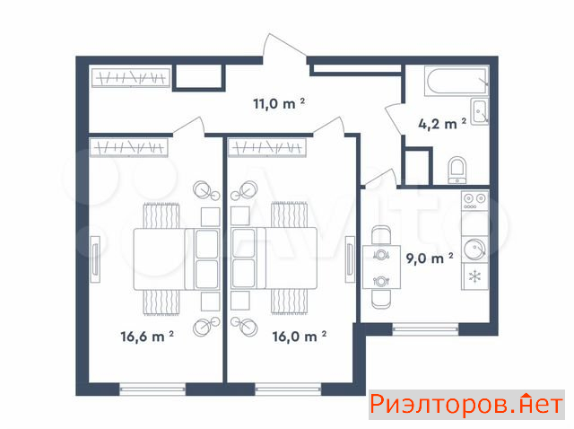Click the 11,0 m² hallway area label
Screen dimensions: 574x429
[279, 103]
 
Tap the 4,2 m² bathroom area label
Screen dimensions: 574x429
[442, 124]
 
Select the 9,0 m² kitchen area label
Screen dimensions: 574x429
[430, 258]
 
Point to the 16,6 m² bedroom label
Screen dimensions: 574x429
[147, 336]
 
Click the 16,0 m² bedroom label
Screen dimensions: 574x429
[299, 336]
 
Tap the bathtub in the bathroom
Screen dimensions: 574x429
[457, 80]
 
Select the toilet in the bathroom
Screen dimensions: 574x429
[457, 171]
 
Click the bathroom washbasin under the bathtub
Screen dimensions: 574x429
[479, 112]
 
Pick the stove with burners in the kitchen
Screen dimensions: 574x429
[474, 200]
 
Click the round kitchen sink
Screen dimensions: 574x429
[474, 249]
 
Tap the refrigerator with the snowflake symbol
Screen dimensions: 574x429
[474, 276]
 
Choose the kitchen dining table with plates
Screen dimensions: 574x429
[381, 267]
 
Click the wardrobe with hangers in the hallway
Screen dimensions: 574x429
[131, 78]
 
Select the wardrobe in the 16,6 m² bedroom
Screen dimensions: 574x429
[129, 147]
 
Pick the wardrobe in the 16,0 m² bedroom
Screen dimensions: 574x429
[267, 147]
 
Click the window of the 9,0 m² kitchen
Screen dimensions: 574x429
[425, 329]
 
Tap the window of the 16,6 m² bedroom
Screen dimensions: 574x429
[152, 390]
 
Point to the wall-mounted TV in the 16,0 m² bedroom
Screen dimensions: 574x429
[350, 259]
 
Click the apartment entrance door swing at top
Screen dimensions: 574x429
[284, 46]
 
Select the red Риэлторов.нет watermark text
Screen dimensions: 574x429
[466, 405]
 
